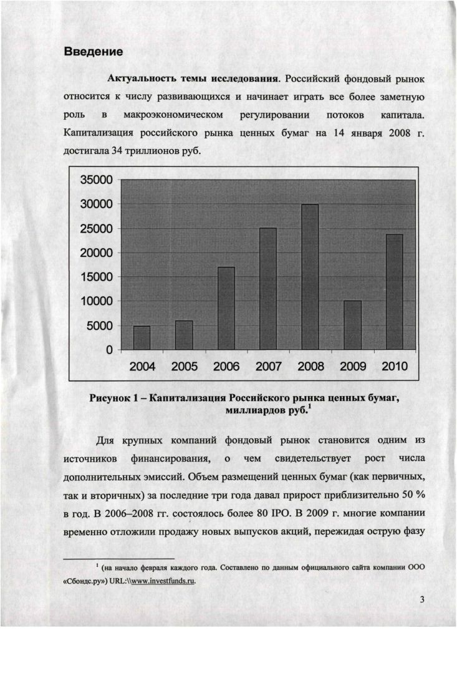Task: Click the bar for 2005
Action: click(x=184, y=335)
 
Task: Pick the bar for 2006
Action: click(x=226, y=308)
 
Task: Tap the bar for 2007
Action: click(x=268, y=289)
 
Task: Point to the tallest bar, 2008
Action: click(x=310, y=277)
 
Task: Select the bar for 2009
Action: click(x=352, y=325)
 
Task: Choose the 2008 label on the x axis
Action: click(x=311, y=367)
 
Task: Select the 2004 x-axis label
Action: click(x=142, y=367)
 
